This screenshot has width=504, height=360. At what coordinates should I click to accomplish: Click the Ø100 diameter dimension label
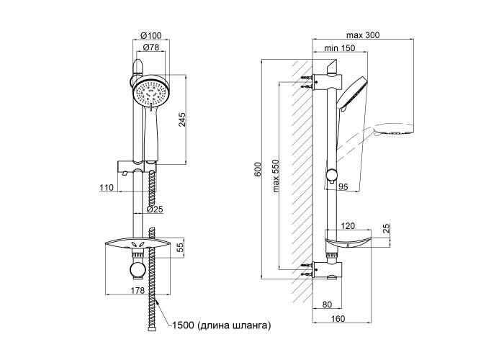coord(150,36)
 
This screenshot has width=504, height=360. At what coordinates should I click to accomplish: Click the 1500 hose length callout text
coord(222,326)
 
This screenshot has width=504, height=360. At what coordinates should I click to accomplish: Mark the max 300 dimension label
coord(364,36)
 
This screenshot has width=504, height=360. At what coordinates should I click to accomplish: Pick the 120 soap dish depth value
coord(348,225)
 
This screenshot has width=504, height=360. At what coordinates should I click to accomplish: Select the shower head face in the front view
coord(151,94)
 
